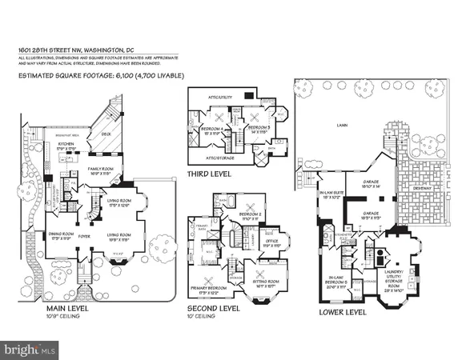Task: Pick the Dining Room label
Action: click(59, 235)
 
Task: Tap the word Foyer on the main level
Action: click(83, 237)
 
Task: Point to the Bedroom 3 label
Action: click(258, 127)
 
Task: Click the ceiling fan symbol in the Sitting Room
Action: click(263, 271)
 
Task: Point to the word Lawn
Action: click(347, 126)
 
